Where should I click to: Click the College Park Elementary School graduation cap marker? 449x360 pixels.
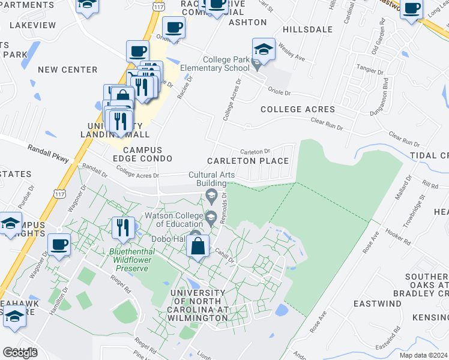point(264,50)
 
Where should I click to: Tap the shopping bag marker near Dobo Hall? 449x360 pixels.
point(197,246)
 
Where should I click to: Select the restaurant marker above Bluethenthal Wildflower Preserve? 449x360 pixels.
point(123,227)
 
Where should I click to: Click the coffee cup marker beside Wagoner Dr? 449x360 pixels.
point(59,244)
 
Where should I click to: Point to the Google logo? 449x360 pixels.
point(20,352)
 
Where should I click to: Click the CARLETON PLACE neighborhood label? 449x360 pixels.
point(248,161)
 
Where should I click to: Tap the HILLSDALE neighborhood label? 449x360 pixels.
point(307,29)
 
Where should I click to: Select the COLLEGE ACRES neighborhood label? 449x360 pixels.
point(298,109)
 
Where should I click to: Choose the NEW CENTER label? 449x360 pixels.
point(67,70)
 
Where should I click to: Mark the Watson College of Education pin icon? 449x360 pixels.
point(211,217)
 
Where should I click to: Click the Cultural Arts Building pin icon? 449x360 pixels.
point(211,194)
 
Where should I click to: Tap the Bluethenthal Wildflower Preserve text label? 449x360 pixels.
point(128,260)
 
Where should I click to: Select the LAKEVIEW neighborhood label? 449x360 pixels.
point(33,26)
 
